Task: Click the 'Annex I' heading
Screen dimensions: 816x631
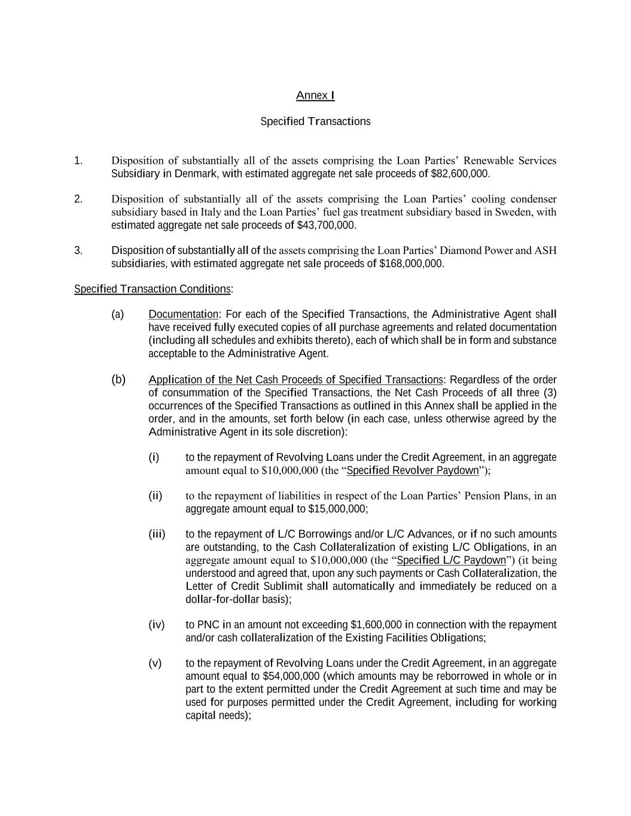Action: click(315, 96)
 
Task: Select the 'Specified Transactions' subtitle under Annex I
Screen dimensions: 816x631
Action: click(315, 121)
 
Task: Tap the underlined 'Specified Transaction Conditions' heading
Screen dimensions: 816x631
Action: click(152, 289)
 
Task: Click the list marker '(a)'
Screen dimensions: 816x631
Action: click(118, 314)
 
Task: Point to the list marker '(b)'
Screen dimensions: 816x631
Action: click(118, 380)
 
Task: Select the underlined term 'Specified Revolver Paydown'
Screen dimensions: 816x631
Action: click(413, 470)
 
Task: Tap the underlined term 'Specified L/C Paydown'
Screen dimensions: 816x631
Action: click(451, 560)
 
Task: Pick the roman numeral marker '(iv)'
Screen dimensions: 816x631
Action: click(156, 625)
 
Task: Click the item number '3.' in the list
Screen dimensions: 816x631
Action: click(78, 250)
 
